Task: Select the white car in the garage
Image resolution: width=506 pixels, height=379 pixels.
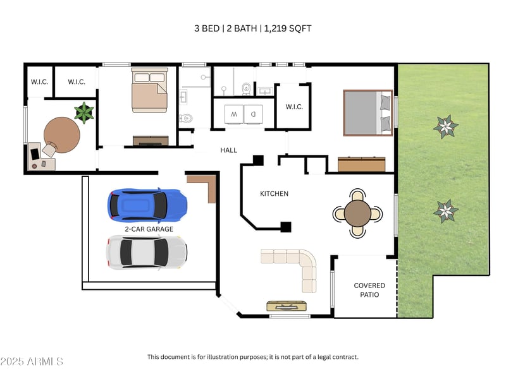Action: tap(147, 251)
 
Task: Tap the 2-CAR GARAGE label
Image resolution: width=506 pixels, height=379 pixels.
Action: tap(149, 229)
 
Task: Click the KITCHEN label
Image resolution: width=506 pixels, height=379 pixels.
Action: tap(275, 193)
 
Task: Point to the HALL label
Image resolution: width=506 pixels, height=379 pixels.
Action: tap(228, 150)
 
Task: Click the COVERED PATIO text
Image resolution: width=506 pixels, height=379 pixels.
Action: tap(369, 290)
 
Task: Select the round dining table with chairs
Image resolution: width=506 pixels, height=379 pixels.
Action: tap(358, 214)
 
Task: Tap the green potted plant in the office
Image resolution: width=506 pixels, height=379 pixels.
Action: tap(84, 113)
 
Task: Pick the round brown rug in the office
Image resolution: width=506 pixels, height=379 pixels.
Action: tap(62, 134)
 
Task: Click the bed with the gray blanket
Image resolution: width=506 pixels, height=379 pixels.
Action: tap(369, 112)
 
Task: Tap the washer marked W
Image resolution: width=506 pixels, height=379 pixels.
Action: tap(233, 114)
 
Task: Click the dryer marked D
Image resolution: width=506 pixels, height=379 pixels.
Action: tap(252, 114)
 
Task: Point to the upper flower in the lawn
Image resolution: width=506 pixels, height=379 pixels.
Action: tap(446, 126)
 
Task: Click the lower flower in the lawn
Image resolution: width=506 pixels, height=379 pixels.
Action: tap(446, 210)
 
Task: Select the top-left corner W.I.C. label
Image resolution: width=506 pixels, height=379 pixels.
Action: tap(40, 81)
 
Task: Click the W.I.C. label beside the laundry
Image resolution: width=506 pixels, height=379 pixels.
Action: tap(294, 107)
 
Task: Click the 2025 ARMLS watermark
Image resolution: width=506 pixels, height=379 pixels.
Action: tap(32, 361)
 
